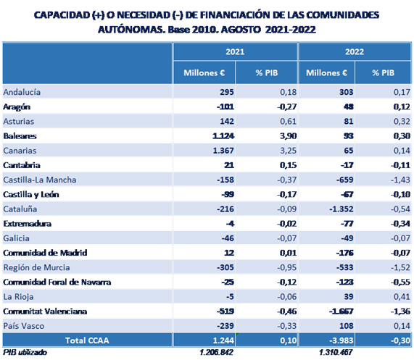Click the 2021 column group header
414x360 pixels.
point(235,51)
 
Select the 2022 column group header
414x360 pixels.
point(355,51)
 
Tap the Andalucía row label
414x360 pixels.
point(22,92)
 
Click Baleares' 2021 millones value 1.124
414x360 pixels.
point(223,136)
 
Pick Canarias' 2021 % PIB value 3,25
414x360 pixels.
point(288,151)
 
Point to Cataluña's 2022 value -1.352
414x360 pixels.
point(341,209)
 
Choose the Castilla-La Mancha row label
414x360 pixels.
point(40,180)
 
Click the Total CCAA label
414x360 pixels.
point(87,340)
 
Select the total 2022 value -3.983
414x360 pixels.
point(341,340)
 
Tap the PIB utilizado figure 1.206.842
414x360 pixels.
point(216,352)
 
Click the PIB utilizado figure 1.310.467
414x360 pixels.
point(336,352)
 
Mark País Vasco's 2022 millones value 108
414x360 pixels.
point(346,326)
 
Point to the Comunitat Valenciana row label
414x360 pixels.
point(45,311)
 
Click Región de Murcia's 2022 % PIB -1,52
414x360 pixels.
point(400,267)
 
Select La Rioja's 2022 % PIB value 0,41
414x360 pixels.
point(402,297)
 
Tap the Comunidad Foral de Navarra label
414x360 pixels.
point(57,282)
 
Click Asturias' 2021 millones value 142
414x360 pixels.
point(227,121)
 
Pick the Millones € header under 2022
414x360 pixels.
point(326,72)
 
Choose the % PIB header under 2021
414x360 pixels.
point(267,72)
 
